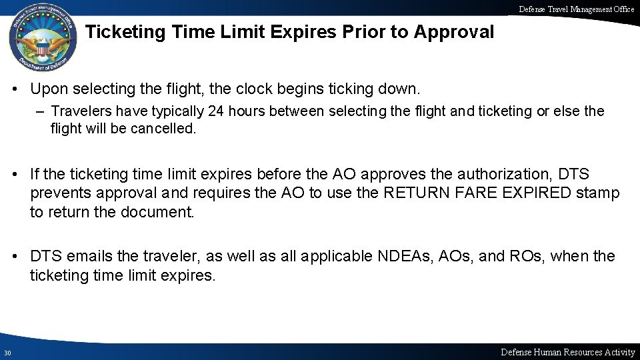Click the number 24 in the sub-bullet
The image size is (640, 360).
[216, 111]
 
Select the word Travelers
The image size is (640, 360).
[79, 111]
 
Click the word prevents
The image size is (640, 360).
[62, 193]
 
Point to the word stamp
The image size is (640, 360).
[600, 193]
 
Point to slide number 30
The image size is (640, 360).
[6, 353]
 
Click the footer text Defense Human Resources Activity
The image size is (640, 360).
[567, 352]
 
